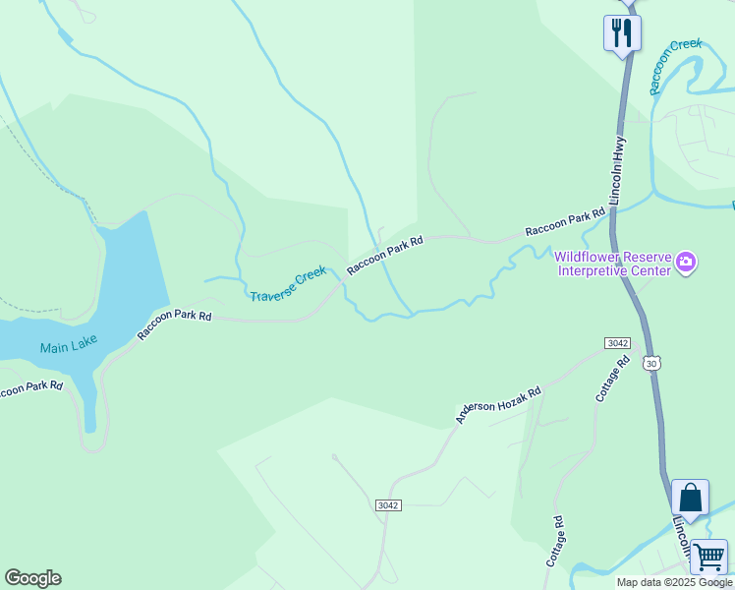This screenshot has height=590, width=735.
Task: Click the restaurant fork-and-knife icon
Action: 622,32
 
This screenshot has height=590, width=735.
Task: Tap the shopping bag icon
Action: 690,498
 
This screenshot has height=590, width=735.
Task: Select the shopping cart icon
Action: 708,557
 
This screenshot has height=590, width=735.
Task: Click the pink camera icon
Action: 686,263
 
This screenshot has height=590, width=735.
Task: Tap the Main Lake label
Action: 69,347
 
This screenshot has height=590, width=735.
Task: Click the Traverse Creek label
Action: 287,284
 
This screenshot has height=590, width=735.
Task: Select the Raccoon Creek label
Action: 676,67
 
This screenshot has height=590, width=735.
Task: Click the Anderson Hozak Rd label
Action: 497,405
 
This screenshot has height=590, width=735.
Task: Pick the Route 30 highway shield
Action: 651,363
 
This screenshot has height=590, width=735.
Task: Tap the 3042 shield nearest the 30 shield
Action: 617,342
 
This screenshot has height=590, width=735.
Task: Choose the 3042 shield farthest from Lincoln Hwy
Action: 388,504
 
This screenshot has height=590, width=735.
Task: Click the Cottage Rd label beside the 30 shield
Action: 612,379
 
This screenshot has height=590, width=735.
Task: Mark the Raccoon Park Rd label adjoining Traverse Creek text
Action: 384,256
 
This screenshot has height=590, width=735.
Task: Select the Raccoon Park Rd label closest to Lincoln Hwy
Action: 564,222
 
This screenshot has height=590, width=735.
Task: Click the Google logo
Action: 32,578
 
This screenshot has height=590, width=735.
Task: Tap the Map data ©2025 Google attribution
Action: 674,582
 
